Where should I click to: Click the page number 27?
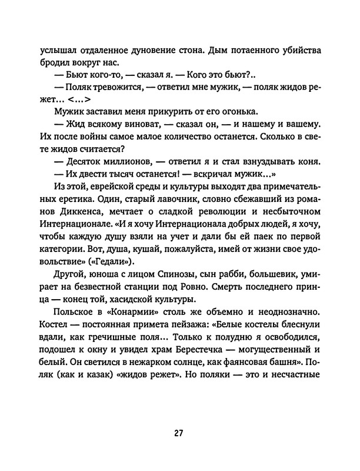pyautogui.click(x=179, y=434)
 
